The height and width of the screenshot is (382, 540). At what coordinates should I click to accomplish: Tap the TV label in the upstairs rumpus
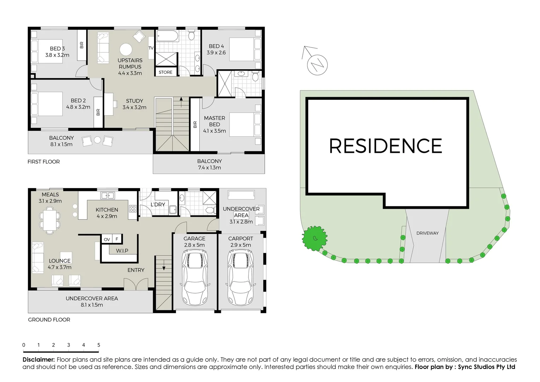pyautogui.click(x=151, y=48)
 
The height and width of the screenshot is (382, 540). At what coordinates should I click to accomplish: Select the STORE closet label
pyautogui.click(x=165, y=72)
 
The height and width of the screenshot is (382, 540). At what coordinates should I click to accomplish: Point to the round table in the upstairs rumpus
pyautogui.click(x=125, y=50)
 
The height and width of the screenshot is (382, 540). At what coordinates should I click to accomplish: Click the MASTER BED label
pyautogui.click(x=215, y=121)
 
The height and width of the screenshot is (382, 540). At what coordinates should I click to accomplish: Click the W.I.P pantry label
pyautogui.click(x=122, y=251)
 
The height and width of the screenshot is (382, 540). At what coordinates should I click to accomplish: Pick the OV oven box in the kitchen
pyautogui.click(x=107, y=239)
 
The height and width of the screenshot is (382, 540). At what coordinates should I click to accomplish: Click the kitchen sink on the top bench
pyautogui.click(x=107, y=195)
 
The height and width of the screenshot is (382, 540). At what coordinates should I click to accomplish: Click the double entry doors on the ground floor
pyautogui.click(x=136, y=283)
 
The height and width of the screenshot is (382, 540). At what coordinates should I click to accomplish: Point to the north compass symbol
pyautogui.click(x=317, y=64)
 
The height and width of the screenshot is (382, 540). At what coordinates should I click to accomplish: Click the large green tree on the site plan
pyautogui.click(x=314, y=238)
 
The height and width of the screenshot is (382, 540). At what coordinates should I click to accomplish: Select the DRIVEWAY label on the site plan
pyautogui.click(x=427, y=233)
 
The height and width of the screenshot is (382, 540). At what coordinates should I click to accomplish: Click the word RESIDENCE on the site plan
pyautogui.click(x=386, y=146)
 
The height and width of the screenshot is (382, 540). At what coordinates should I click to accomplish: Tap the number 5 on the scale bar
pyautogui.click(x=99, y=345)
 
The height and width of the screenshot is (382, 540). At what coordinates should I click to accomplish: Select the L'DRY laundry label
pyautogui.click(x=158, y=204)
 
